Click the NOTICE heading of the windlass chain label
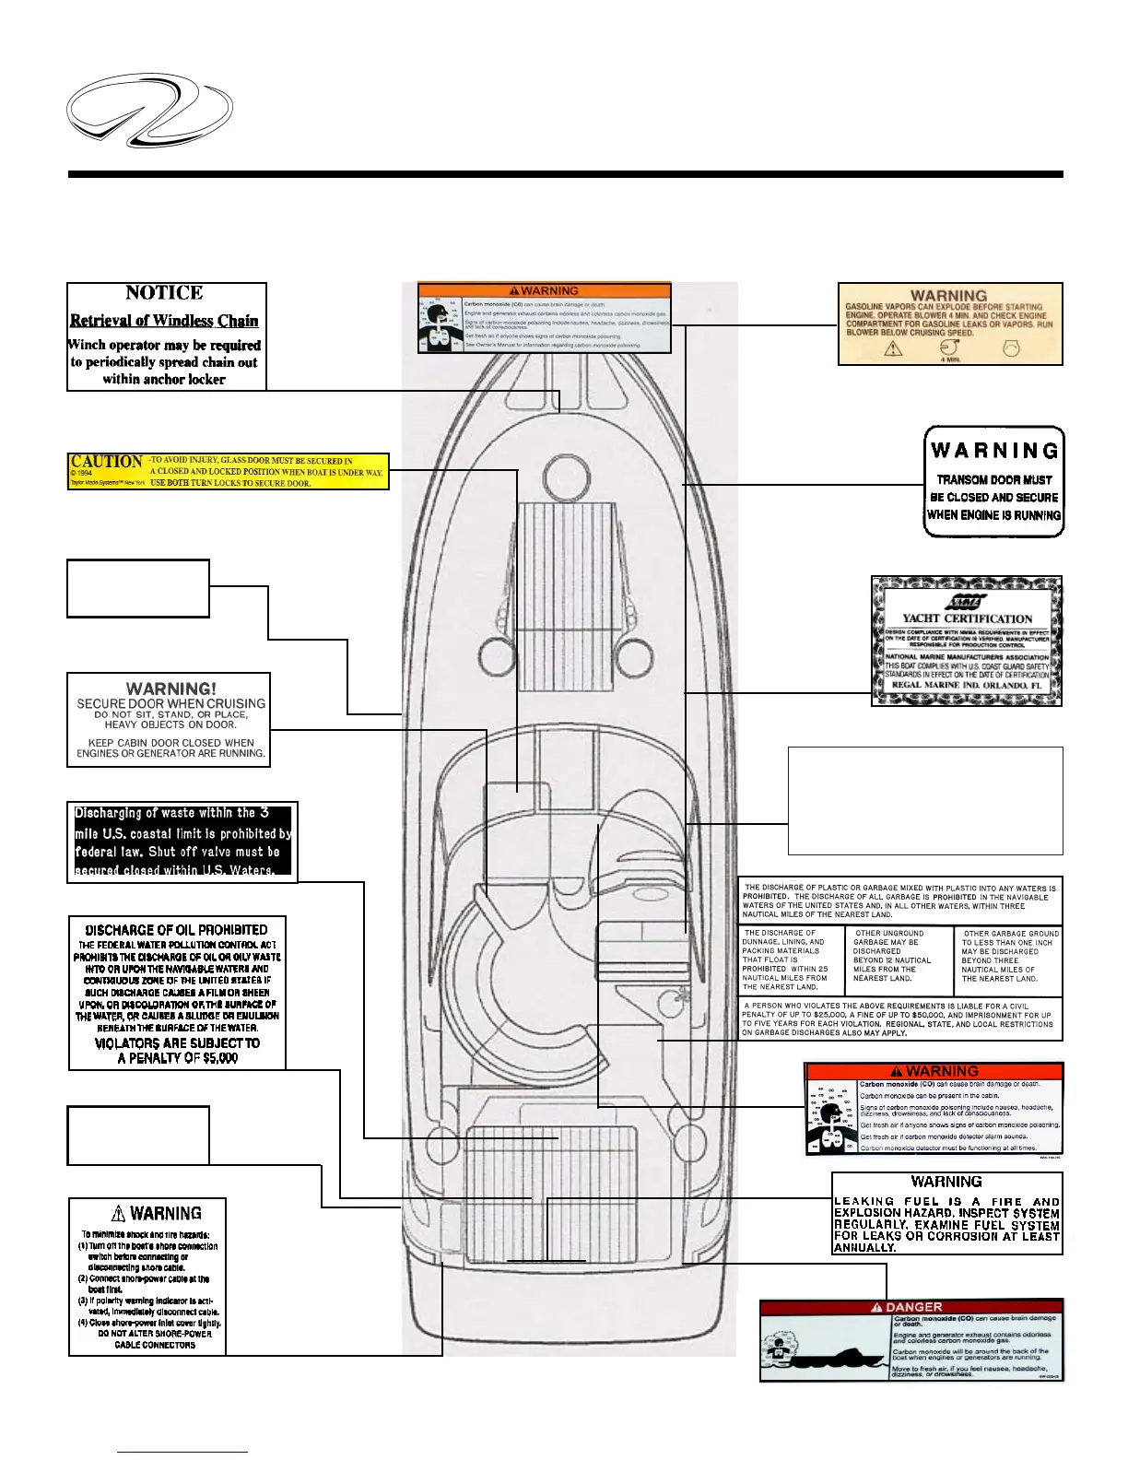tap(164, 293)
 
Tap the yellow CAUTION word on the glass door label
tap(107, 461)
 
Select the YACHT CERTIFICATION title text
tap(967, 618)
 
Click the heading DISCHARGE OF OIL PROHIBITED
tap(177, 930)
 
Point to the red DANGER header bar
tap(911, 1307)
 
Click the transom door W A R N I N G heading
tap(994, 451)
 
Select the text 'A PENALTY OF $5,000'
tap(177, 1058)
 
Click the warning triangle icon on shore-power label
tap(118, 1213)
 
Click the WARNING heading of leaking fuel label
tap(946, 1182)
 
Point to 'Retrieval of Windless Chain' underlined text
tap(164, 321)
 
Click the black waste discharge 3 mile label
tap(182, 841)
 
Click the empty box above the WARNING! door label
tap(138, 588)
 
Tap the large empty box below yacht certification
tap(925, 800)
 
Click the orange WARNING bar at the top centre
tap(545, 290)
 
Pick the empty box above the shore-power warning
tap(138, 1135)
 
